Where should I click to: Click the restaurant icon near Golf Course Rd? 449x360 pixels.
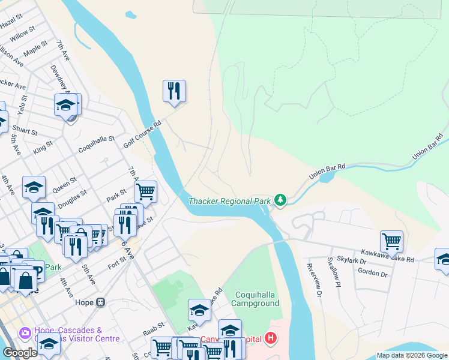[174, 91]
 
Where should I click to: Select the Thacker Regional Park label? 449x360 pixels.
[229, 201]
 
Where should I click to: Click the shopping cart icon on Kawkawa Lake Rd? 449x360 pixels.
[391, 241]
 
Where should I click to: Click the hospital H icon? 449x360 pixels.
[271, 339]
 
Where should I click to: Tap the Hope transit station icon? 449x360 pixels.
[101, 302]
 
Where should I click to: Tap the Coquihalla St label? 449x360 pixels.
[96, 143]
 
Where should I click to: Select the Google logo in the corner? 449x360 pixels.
[20, 353]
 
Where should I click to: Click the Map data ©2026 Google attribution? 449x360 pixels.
[412, 355]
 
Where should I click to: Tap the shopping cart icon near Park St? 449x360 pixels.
[145, 192]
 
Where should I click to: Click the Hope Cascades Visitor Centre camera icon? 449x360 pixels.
[25, 332]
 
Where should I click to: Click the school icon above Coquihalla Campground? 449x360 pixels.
[199, 310]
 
